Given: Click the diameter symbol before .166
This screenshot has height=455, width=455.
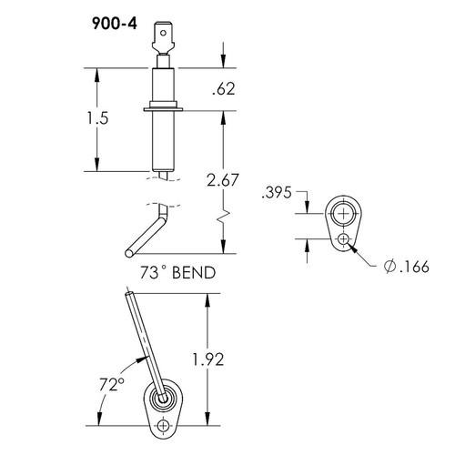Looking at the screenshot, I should point(389,266).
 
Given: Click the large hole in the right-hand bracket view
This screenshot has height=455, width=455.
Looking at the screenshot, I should point(342,214).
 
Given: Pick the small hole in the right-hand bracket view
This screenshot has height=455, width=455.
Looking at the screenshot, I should point(342,238).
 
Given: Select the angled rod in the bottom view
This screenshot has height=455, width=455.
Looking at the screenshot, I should point(145,341).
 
